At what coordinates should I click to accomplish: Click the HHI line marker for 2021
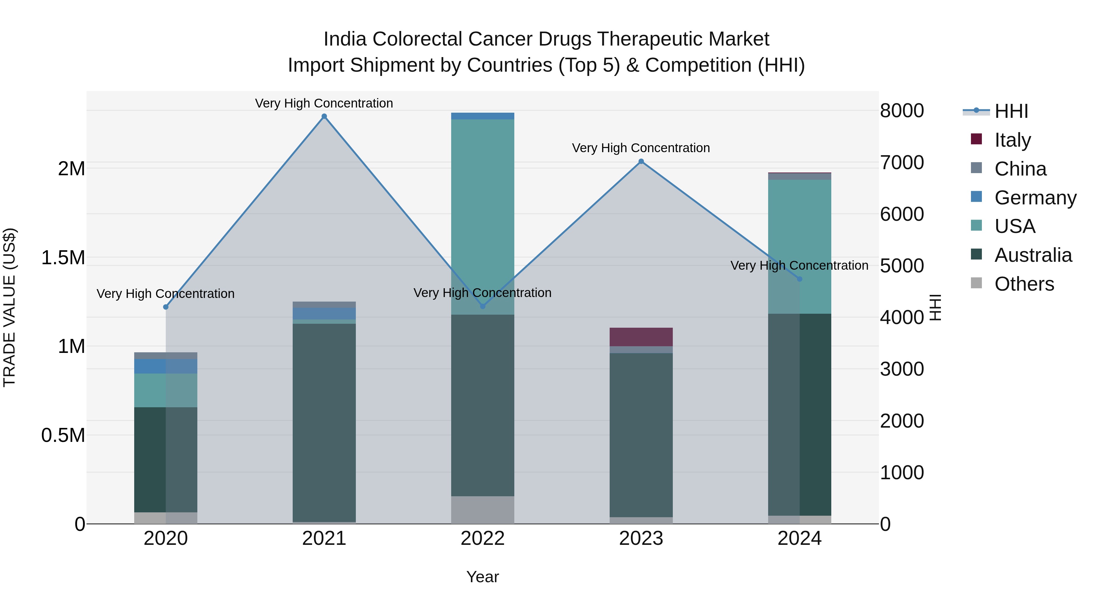(324, 116)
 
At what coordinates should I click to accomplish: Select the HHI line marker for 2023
(641, 161)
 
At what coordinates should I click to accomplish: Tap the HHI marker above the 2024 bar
(799, 279)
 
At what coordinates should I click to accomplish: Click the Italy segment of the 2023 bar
(641, 337)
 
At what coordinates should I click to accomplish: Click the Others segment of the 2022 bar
(482, 510)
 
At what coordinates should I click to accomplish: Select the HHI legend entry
(1011, 111)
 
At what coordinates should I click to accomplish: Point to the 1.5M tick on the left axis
(63, 258)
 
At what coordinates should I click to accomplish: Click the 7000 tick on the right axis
(902, 162)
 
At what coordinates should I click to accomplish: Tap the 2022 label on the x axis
(482, 538)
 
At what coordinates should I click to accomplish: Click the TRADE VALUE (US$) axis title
(9, 307)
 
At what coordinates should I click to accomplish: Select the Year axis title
(482, 577)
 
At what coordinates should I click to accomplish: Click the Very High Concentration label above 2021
(324, 103)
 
